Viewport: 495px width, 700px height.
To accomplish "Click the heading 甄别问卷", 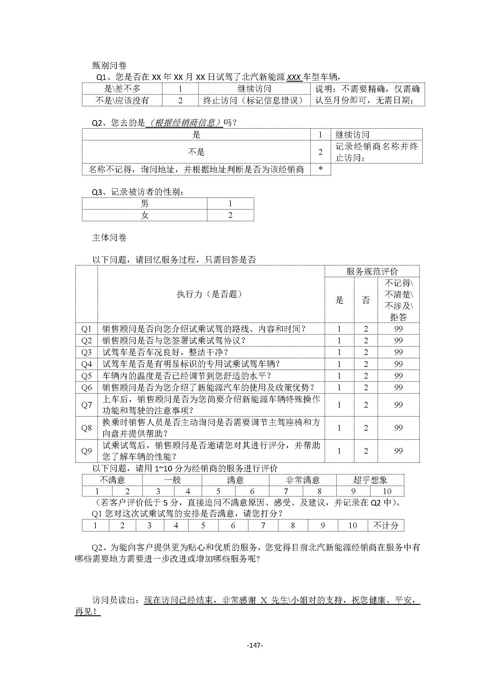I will tap(109, 66).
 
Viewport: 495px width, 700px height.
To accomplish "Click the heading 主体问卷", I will tap(109, 238).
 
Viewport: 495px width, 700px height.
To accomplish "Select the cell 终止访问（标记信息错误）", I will tap(254, 101).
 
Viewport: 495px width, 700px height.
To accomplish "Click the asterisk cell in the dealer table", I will tap(320, 169).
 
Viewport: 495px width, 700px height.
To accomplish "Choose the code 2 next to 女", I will tap(230, 215).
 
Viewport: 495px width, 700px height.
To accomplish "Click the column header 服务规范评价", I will tap(372, 271).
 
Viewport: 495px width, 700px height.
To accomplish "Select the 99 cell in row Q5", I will tap(398, 376).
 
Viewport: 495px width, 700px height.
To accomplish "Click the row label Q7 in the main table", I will tap(86, 405).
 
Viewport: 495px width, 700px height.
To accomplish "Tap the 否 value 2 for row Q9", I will tap(366, 451).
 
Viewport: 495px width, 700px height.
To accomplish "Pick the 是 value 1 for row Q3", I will tap(339, 353).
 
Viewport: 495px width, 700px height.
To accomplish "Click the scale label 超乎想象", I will tap(370, 480).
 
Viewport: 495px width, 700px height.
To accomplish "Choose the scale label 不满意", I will tap(112, 480).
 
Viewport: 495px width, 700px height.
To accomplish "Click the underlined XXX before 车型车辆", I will tap(294, 78).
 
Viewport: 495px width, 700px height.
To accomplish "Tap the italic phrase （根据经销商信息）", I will tap(185, 123).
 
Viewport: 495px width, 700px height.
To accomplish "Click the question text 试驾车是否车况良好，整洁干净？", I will tap(165, 353).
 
